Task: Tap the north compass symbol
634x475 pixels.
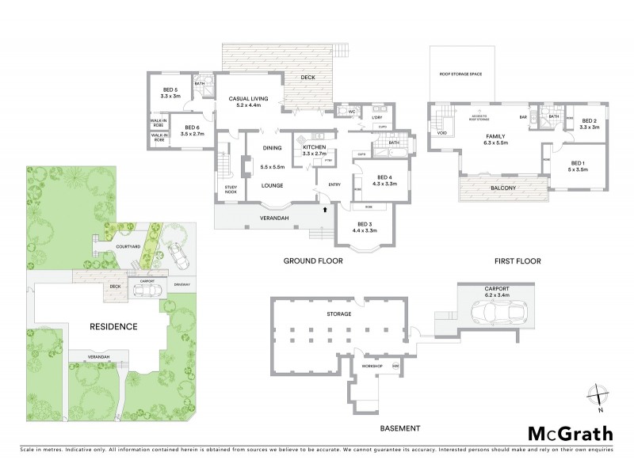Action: pos(600,396)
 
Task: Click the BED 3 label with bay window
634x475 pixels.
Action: pos(359,227)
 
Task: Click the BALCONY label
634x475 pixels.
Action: pos(502,188)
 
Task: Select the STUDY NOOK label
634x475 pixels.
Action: pos(231,188)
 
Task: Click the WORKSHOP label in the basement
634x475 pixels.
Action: pos(372,367)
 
